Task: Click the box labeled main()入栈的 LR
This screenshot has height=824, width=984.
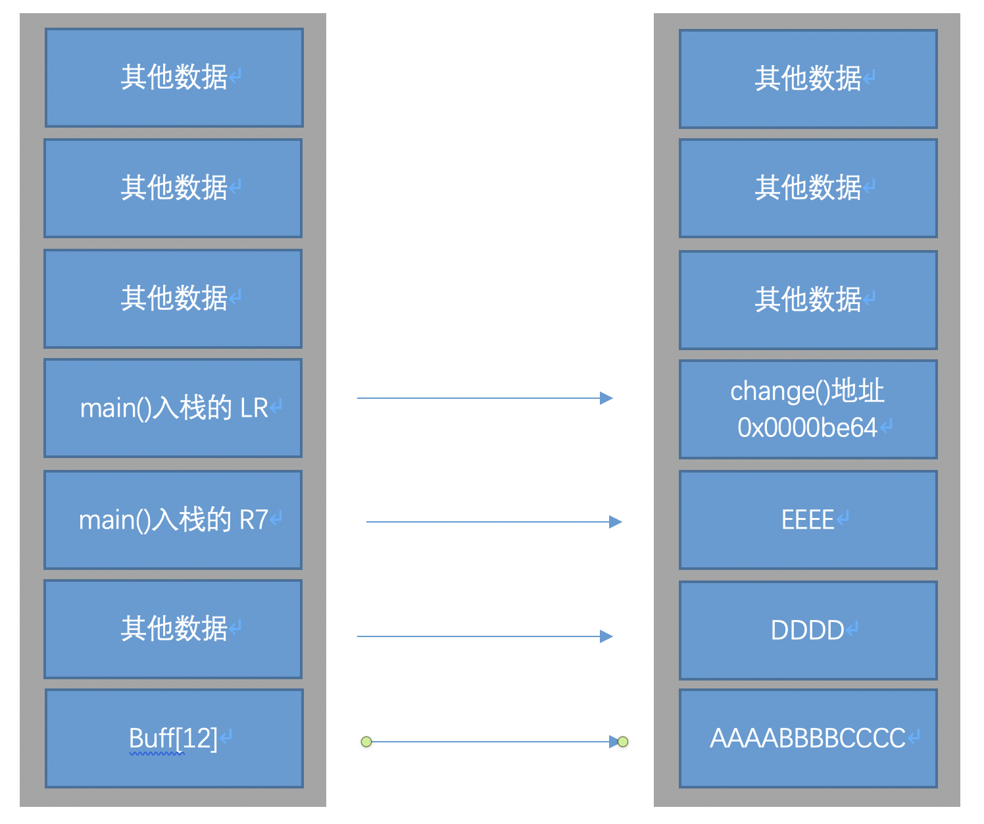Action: pos(173,409)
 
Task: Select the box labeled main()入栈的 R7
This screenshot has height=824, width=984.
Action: pos(173,520)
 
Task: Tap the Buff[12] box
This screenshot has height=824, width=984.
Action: pos(174,738)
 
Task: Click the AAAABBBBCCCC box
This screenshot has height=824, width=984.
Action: pos(808,738)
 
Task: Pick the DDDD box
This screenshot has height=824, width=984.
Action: pos(808,630)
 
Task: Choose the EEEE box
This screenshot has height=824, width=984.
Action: pos(808,520)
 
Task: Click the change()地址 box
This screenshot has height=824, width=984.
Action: pos(808,409)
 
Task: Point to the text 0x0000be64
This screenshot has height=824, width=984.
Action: pos(807,427)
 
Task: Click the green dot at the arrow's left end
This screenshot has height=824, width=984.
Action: pos(366,742)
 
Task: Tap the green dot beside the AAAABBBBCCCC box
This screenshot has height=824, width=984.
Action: pos(622,742)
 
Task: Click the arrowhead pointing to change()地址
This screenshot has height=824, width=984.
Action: pos(606,398)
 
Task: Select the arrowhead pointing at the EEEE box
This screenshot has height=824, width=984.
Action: pos(616,522)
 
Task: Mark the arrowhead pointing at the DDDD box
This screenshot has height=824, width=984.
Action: pos(606,636)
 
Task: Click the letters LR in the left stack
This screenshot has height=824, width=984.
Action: pos(254,408)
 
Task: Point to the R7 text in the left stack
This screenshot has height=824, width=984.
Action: pos(254,520)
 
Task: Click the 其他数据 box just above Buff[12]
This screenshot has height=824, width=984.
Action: pos(173,629)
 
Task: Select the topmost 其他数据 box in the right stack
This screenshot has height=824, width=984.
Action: pos(808,79)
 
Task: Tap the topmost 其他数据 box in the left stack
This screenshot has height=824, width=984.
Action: pos(174,78)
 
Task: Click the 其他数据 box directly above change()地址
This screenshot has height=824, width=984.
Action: pos(808,300)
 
